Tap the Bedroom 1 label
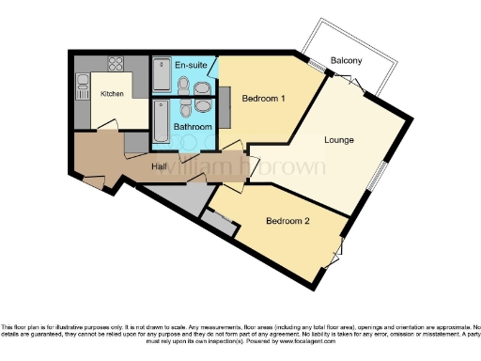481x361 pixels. [x=263, y=98]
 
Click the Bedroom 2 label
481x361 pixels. [x=287, y=222]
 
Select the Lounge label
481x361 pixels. [x=338, y=140]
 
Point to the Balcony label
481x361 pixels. [x=348, y=61]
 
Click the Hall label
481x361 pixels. [x=160, y=167]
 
